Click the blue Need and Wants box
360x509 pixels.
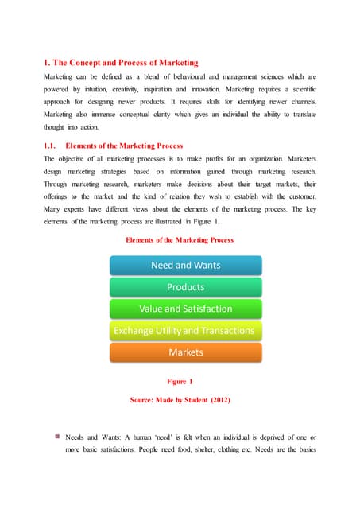click(185, 266)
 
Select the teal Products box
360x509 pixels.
click(185, 287)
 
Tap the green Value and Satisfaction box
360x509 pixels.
click(185, 309)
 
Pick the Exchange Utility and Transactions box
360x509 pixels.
click(185, 330)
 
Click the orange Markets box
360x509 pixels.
click(185, 352)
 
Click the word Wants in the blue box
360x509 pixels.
click(204, 266)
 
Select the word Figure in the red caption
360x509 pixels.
click(176, 381)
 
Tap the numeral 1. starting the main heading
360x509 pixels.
click(47, 62)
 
